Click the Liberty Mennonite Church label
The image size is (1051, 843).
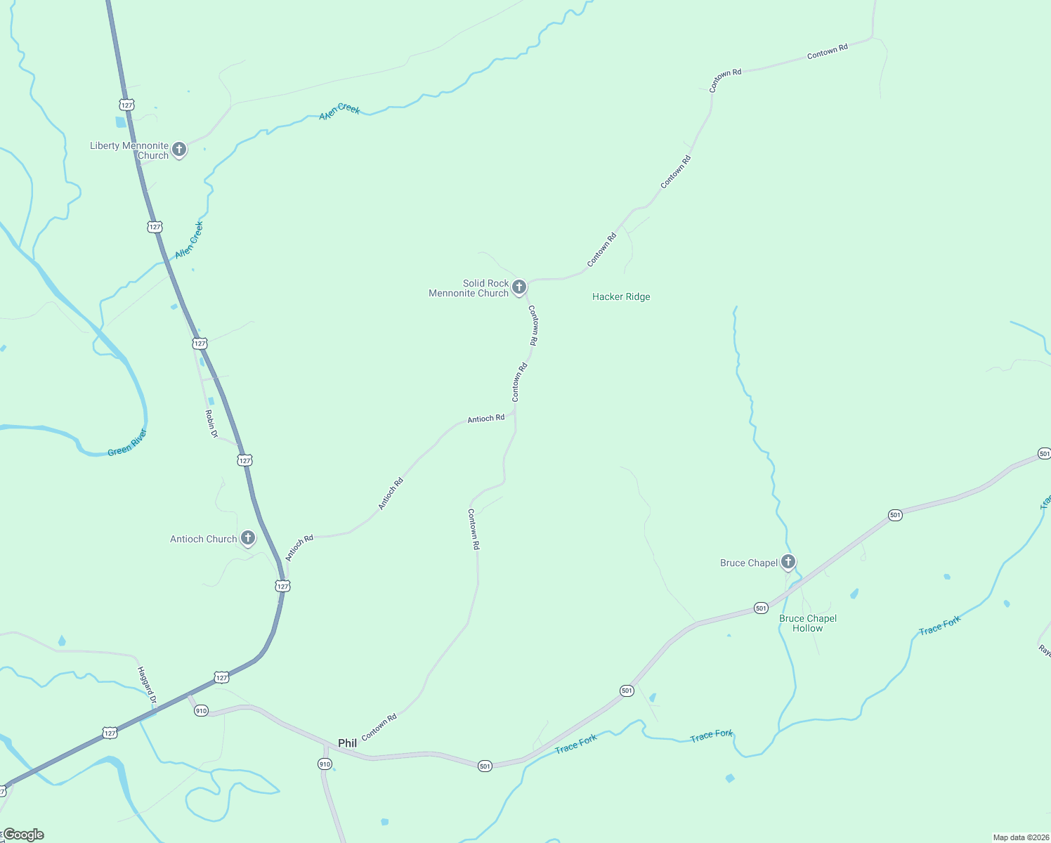click(x=129, y=150)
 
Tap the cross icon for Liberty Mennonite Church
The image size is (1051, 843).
click(x=179, y=149)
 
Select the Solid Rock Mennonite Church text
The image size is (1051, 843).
click(x=469, y=288)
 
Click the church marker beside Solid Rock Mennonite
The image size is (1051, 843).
click(x=519, y=287)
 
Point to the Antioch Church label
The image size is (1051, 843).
click(x=203, y=539)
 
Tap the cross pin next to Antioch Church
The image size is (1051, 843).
click(x=247, y=538)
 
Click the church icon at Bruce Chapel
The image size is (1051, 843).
click(x=788, y=561)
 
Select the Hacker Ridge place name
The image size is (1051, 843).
click(x=621, y=296)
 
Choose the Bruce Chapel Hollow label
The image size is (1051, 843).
click(x=808, y=623)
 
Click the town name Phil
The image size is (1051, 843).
click(x=347, y=743)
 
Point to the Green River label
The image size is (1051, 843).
click(x=127, y=443)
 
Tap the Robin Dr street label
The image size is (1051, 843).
click(x=211, y=424)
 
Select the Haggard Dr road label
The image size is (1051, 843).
click(x=145, y=685)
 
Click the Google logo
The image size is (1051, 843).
click(x=24, y=835)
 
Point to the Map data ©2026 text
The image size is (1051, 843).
click(x=1020, y=837)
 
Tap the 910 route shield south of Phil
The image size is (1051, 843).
click(x=325, y=764)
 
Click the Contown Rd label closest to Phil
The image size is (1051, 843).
click(x=379, y=727)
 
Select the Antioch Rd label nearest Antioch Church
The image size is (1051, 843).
click(x=299, y=547)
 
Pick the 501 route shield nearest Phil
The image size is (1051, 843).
click(x=485, y=766)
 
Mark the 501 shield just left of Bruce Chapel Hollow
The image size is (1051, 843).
click(x=761, y=608)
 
